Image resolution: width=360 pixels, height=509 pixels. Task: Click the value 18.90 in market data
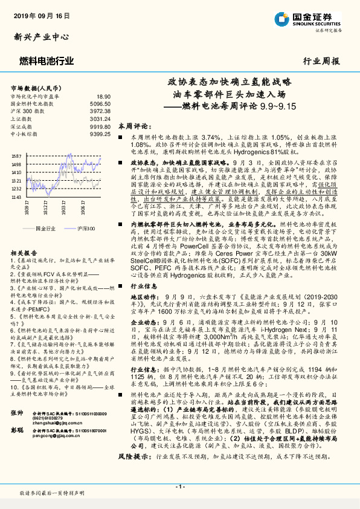tap(103, 96)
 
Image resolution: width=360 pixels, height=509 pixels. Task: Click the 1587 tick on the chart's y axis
tap(16, 156)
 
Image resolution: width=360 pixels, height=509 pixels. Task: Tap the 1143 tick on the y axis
tap(16, 197)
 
